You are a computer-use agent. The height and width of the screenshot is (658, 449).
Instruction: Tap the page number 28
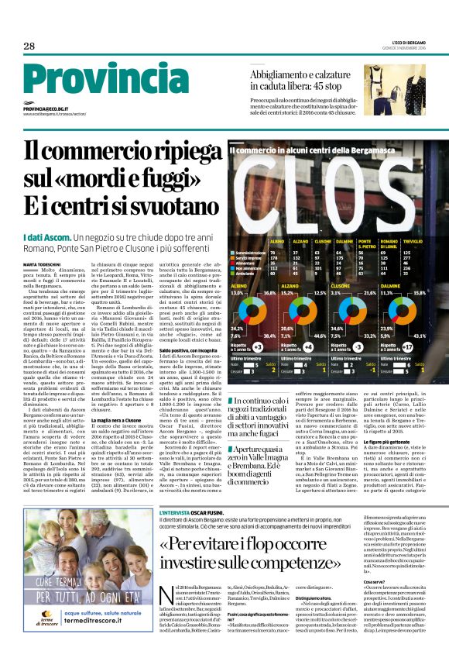29,47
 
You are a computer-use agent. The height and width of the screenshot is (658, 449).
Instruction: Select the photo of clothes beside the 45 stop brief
404,89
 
